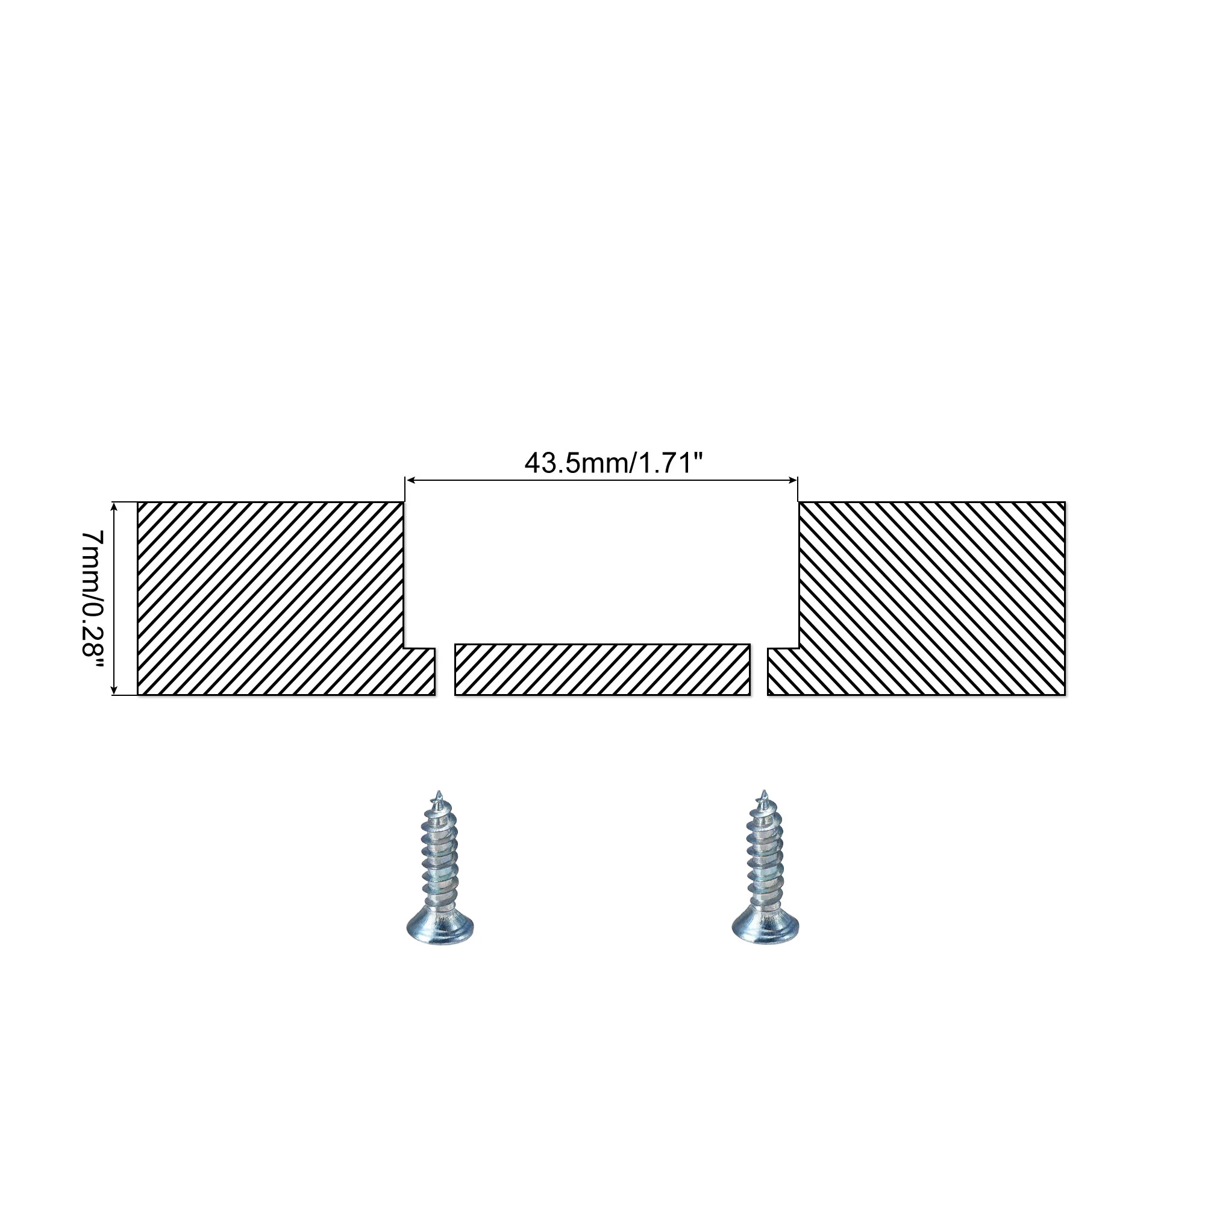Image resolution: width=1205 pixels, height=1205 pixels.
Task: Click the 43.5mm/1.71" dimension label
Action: pyautogui.click(x=613, y=463)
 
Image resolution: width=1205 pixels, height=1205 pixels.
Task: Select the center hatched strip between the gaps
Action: pyautogui.click(x=602, y=669)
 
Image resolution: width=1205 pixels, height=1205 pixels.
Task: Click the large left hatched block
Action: pyautogui.click(x=271, y=598)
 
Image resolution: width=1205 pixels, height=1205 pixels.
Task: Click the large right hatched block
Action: pyautogui.click(x=932, y=598)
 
